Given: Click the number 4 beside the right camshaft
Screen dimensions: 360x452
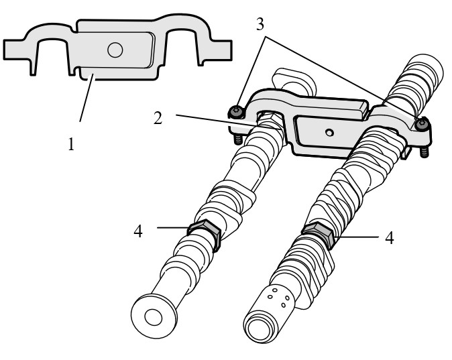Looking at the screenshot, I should click(388, 238).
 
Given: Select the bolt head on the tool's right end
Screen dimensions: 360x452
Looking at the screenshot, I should click(422, 124).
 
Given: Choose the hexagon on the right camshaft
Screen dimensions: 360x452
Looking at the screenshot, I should click(319, 235).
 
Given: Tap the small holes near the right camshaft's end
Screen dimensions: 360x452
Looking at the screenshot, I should click(278, 296).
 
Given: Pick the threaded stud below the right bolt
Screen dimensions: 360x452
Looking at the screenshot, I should click(425, 152).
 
